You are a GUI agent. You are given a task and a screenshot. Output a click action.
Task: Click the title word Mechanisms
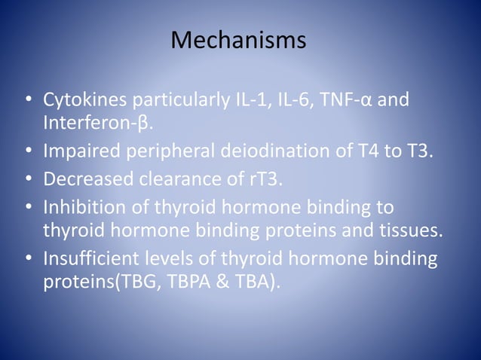pyautogui.click(x=238, y=40)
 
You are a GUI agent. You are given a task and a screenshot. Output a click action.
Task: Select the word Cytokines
pyautogui.click(x=83, y=100)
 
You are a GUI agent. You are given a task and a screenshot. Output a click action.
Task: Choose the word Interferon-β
pyautogui.click(x=97, y=122)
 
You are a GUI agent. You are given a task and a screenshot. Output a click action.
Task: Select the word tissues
pyautogui.click(x=413, y=230)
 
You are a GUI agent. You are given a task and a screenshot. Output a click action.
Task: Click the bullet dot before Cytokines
pyautogui.click(x=28, y=101)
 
